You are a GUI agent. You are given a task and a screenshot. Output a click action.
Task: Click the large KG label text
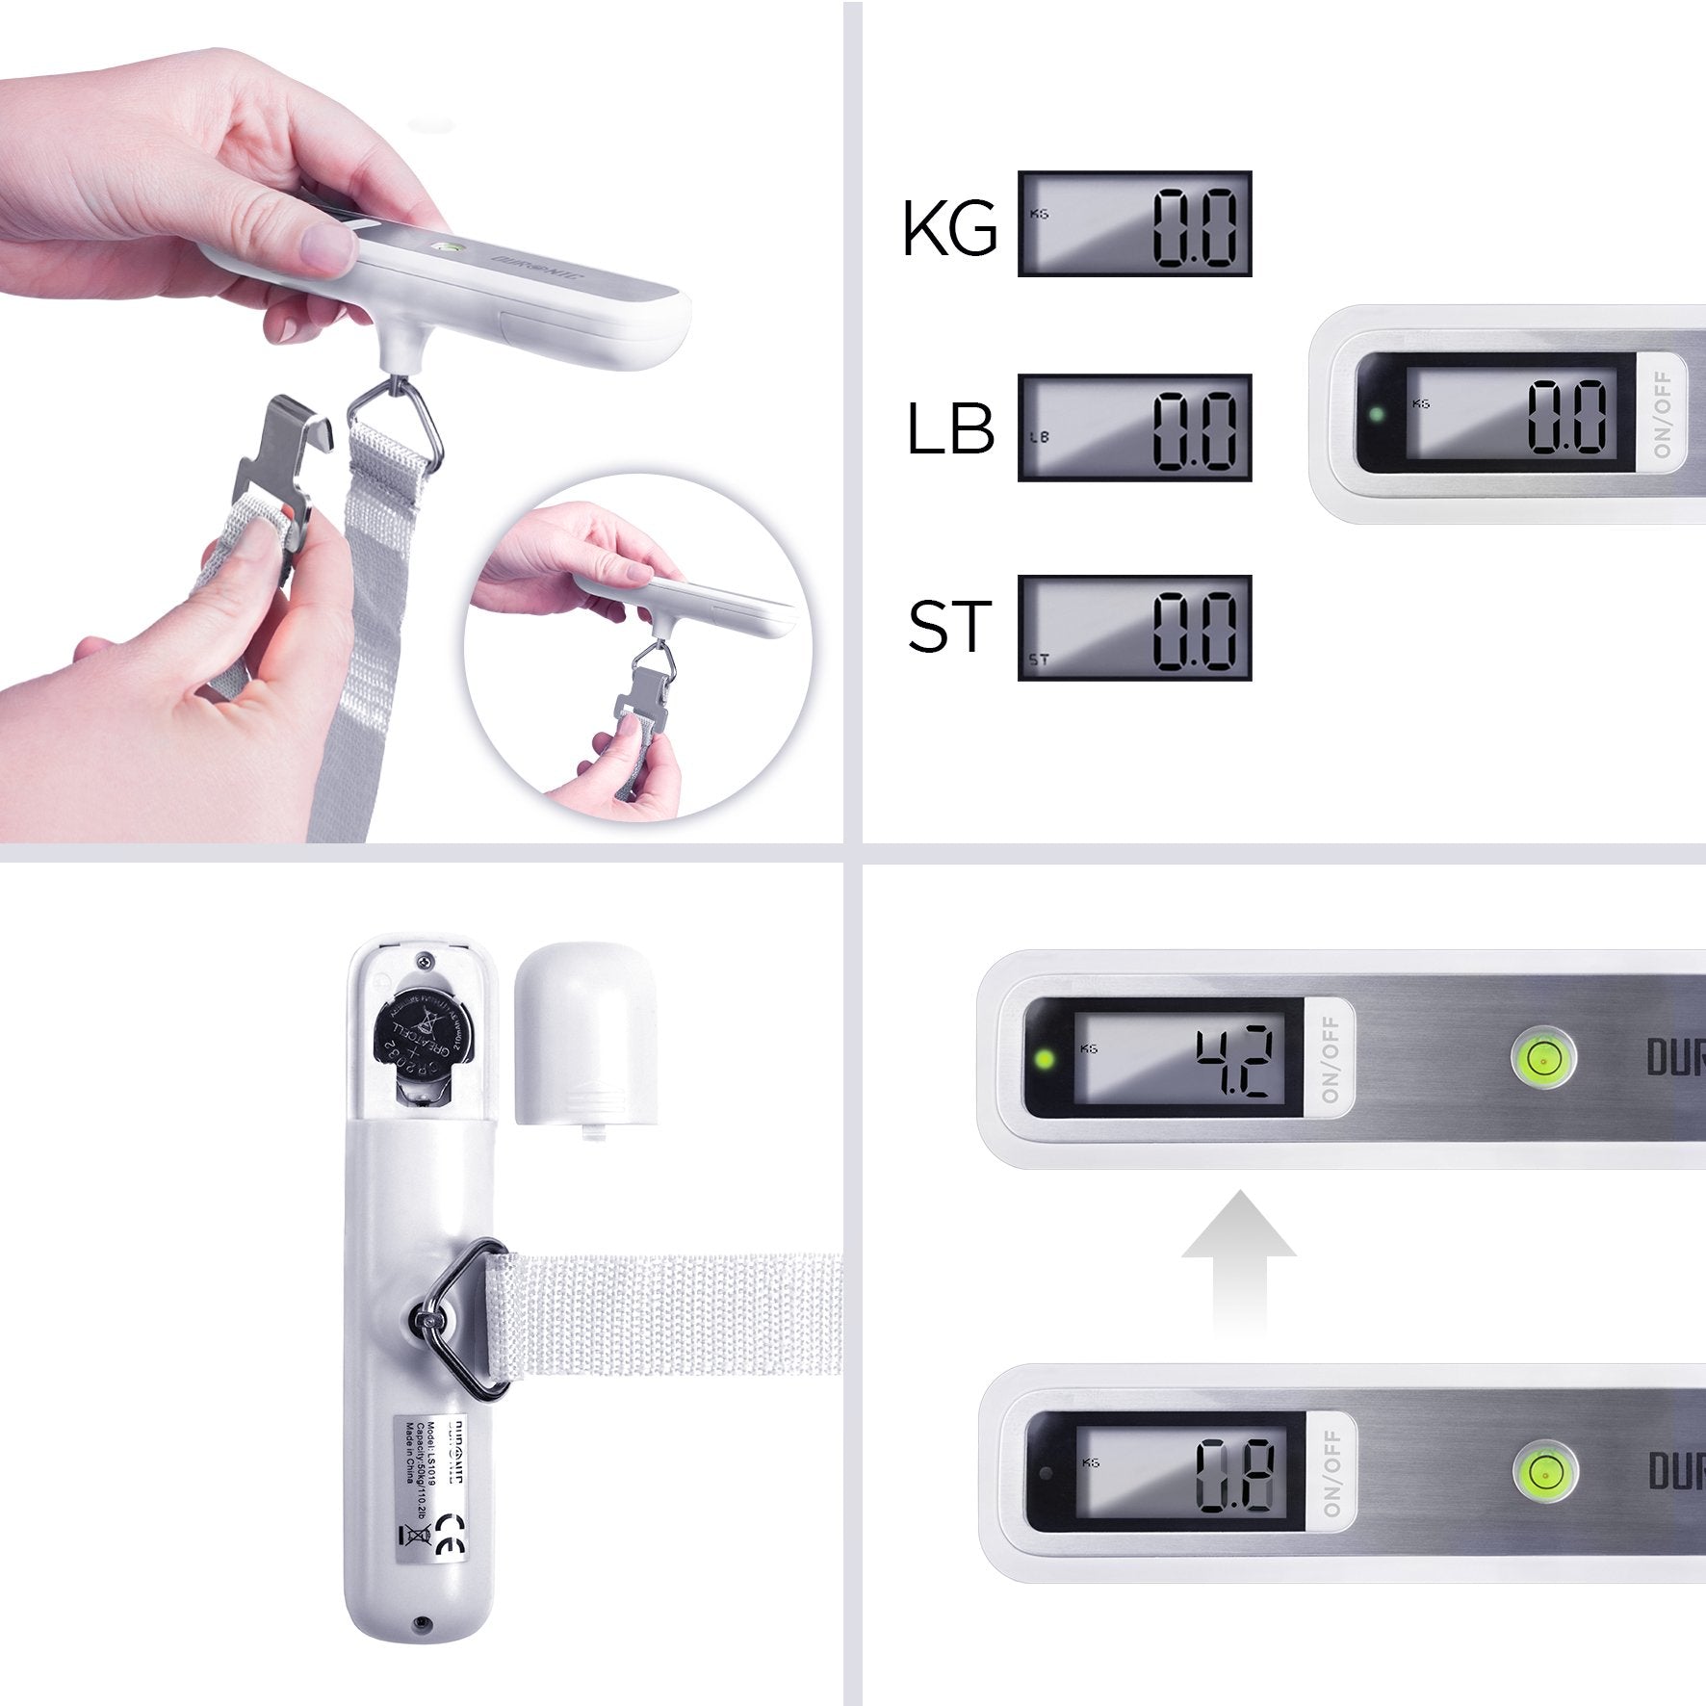[x=949, y=229]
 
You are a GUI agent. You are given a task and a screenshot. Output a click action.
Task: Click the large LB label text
[x=949, y=429]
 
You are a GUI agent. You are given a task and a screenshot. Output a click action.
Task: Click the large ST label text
[x=949, y=627]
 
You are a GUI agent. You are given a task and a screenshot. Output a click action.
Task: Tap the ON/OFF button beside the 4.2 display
[x=1331, y=1059]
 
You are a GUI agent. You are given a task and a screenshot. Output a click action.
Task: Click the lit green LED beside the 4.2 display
[x=1043, y=1061]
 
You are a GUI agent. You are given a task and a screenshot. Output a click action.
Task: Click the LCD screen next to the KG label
[x=1134, y=224]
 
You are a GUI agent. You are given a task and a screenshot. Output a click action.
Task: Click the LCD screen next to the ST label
[x=1134, y=628]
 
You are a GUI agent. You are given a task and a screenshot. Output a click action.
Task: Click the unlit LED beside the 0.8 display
[x=1045, y=1472]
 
